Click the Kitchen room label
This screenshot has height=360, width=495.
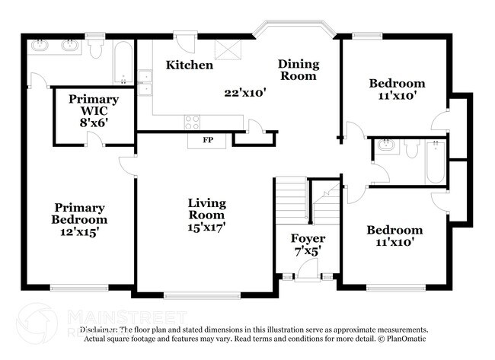[x=190, y=65]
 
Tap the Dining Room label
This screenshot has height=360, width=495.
[x=298, y=69]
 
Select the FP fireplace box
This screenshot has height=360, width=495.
[x=207, y=141]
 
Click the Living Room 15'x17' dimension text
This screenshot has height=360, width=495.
[x=207, y=226]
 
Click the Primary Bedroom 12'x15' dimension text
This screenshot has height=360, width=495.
[x=79, y=231]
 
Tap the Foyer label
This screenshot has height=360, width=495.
[x=308, y=238]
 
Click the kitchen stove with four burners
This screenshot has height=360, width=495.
[x=192, y=122]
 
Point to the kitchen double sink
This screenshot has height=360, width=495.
[x=145, y=82]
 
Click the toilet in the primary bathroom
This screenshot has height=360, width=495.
[x=95, y=49]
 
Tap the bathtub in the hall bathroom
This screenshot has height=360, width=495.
[x=435, y=162]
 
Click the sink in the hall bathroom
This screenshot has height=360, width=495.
[x=385, y=146]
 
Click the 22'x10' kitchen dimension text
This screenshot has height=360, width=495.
[x=244, y=94]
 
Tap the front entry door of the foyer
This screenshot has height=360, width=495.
[x=307, y=270]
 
